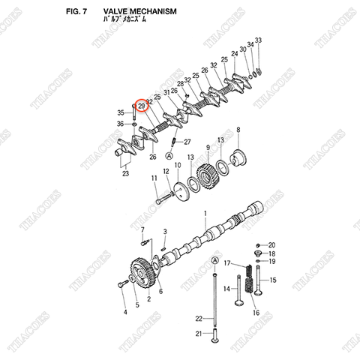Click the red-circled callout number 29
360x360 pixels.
click(141, 106)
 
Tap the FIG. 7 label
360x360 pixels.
click(76, 13)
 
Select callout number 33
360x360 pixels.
click(258, 39)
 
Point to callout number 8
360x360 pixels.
click(238, 130)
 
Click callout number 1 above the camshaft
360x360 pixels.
click(205, 214)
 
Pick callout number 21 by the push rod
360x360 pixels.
click(199, 334)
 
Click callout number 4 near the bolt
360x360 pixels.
click(124, 311)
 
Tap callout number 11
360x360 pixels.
click(154, 178)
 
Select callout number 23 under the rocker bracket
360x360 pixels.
click(125, 173)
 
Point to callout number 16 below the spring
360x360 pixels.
click(256, 312)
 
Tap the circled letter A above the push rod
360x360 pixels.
click(216, 259)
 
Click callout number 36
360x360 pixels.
click(120, 124)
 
